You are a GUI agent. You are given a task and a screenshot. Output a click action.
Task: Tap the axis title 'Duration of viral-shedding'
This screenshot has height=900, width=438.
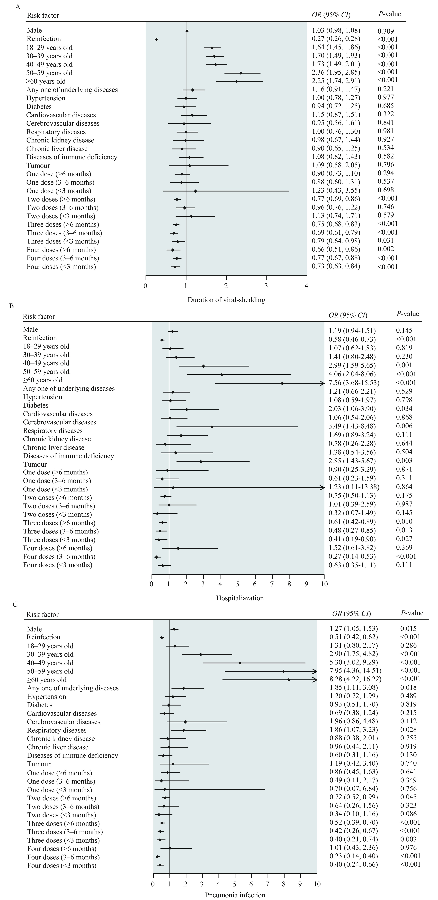pos(226,300)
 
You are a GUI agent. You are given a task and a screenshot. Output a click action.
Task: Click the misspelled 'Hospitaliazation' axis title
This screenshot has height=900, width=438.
pos(240,598)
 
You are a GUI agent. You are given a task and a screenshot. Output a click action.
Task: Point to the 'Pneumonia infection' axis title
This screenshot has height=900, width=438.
pos(235,895)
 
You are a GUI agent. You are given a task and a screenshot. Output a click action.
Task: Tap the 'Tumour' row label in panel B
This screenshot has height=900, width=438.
pos(35,464)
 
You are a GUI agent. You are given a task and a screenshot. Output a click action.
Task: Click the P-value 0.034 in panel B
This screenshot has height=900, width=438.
pos(404,408)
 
